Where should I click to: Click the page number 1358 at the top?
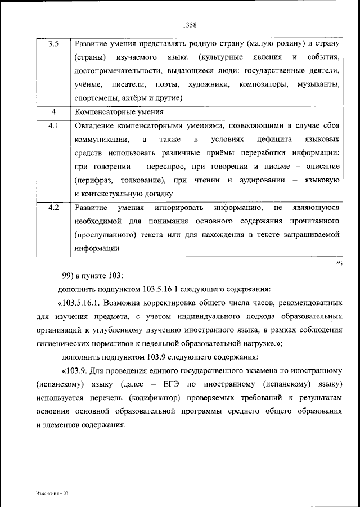(189, 24)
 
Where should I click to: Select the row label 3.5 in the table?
(53, 44)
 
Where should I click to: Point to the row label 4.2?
(53, 208)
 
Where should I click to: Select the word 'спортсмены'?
(95, 98)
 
